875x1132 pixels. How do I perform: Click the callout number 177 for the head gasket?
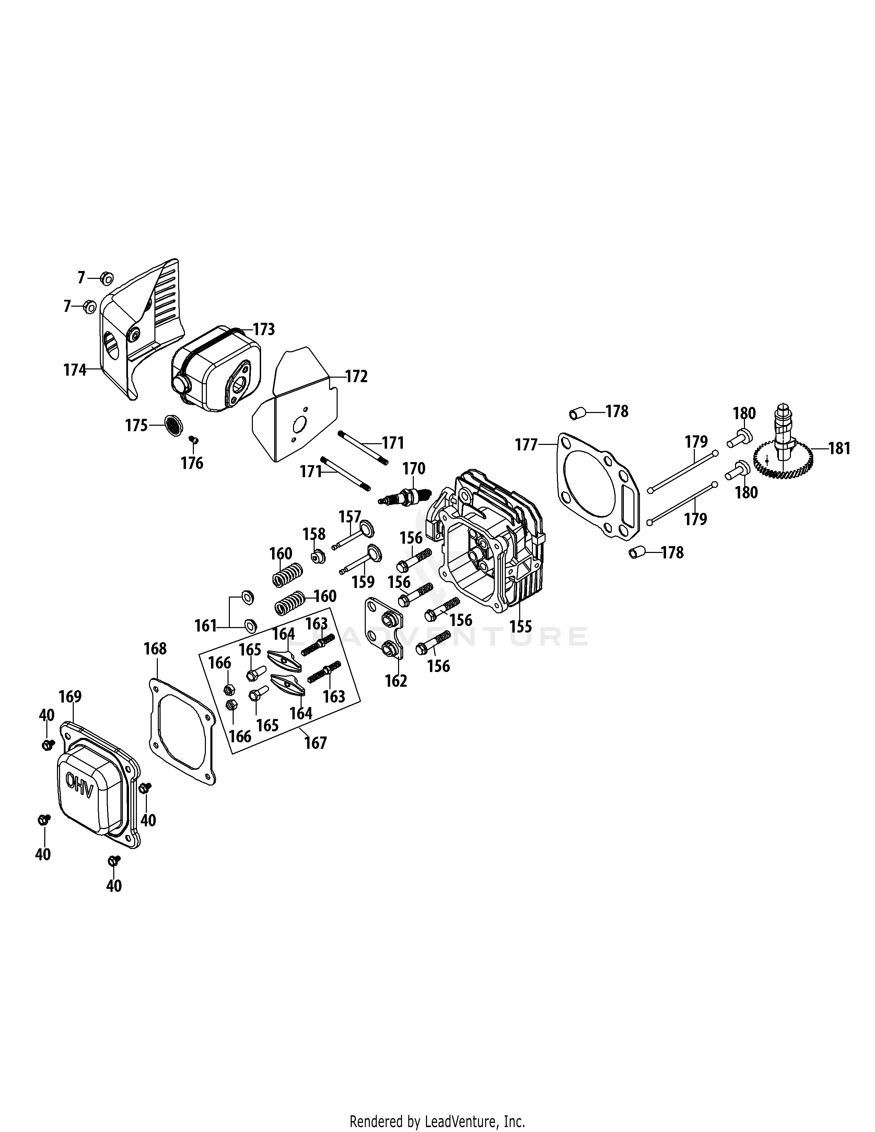point(526,445)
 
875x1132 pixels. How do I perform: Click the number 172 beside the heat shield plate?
point(356,376)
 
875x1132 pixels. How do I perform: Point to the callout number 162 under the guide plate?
point(396,681)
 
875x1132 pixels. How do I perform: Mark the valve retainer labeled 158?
point(317,557)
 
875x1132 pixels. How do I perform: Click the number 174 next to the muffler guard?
point(75,370)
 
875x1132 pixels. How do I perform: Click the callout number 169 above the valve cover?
point(70,697)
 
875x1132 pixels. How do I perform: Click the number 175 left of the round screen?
point(136,426)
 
